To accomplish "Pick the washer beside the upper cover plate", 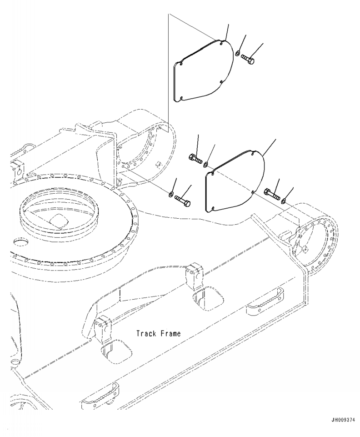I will point(238,55).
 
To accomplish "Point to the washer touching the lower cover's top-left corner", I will point(206,164).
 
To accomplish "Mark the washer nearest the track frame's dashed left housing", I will point(170,195).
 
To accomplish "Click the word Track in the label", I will point(146,334).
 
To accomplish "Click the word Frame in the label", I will point(170,334).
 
